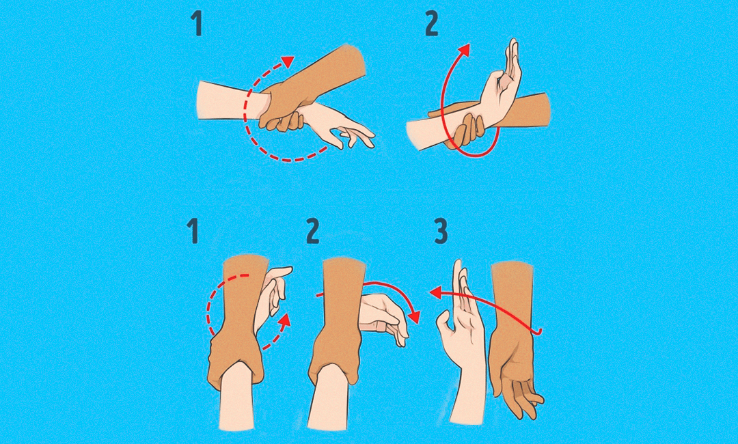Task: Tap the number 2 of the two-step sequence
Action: pos(432,23)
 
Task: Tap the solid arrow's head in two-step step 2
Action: pos(465,50)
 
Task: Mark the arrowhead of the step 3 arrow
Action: pos(435,292)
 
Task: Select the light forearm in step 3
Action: pos(468,398)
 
